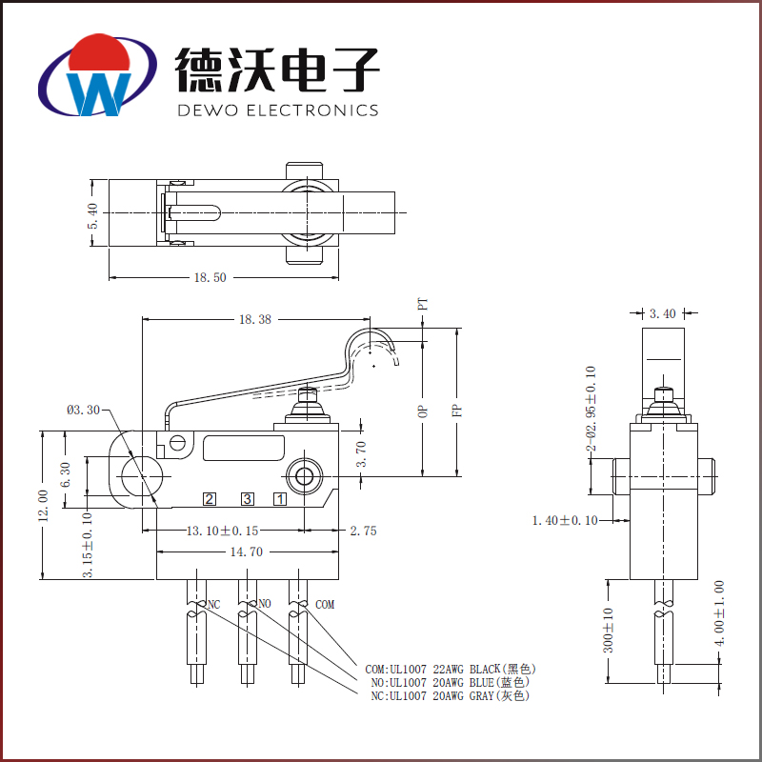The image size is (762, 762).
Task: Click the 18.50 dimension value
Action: tap(211, 278)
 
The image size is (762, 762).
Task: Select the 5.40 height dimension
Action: tap(92, 214)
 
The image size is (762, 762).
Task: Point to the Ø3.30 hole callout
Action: tap(83, 411)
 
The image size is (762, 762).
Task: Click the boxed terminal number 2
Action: tap(209, 498)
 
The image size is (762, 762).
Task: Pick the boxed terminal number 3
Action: tap(247, 498)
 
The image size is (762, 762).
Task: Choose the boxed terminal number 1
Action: tap(281, 498)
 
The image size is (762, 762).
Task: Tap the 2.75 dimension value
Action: tap(363, 531)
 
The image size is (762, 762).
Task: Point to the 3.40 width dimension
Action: tap(662, 312)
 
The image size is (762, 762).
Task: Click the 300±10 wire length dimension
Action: tap(608, 630)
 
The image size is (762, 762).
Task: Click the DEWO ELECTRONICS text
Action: tap(278, 110)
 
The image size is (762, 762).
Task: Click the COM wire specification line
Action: tap(446, 668)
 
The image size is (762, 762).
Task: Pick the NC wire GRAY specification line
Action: tap(450, 696)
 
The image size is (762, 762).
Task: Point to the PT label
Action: tap(423, 305)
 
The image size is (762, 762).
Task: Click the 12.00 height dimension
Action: tap(42, 505)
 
